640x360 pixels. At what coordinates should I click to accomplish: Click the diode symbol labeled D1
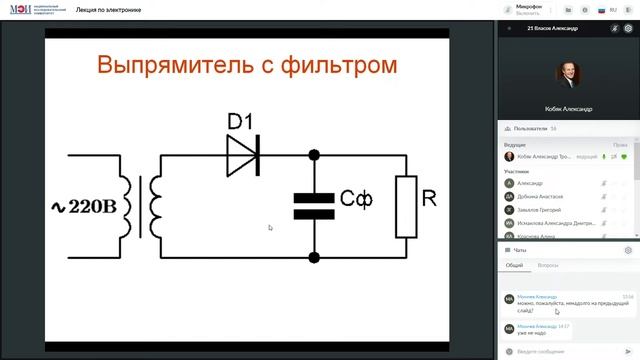point(242,154)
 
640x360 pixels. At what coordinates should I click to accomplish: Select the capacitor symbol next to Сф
point(314,206)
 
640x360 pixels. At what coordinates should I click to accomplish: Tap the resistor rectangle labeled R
point(406,207)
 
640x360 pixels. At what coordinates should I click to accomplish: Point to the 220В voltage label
point(86,206)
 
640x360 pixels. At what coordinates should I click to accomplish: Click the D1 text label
point(240,122)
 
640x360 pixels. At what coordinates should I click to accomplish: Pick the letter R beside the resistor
point(429,198)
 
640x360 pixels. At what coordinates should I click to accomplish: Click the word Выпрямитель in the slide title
point(182,66)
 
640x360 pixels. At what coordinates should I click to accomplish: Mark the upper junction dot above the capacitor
point(314,155)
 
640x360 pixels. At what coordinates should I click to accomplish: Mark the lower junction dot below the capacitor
point(314,257)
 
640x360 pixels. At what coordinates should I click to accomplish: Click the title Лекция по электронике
point(109,10)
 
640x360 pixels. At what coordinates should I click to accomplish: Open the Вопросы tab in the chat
point(548,266)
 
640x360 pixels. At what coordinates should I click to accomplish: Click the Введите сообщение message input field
point(560,352)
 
